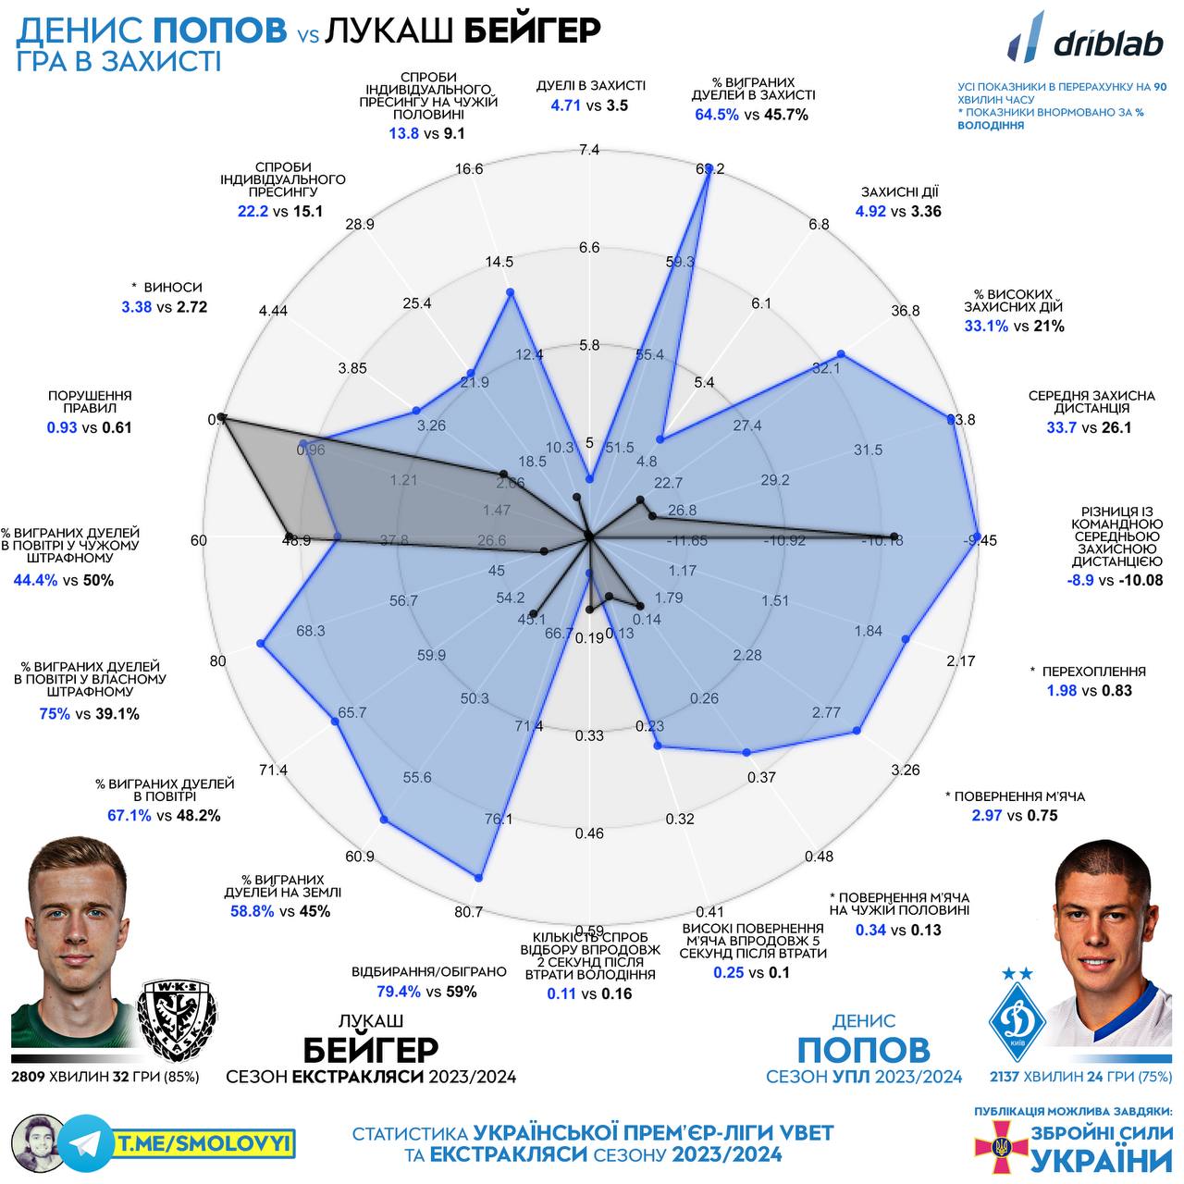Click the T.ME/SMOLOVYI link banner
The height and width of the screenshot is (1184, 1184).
click(x=203, y=1144)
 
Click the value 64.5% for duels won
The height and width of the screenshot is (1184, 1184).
click(x=717, y=115)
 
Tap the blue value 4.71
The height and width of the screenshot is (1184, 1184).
click(x=565, y=105)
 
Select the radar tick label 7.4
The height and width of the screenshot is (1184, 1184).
click(x=589, y=150)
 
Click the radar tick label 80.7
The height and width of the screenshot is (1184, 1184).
click(x=469, y=912)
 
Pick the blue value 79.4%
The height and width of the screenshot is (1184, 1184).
click(x=399, y=992)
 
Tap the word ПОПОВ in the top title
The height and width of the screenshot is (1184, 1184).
click(x=219, y=30)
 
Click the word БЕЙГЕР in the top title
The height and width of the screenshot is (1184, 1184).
click(x=532, y=30)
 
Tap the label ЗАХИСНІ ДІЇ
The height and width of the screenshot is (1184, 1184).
click(x=899, y=192)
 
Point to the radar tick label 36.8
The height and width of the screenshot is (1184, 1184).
click(x=906, y=311)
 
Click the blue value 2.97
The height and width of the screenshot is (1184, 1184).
click(x=986, y=815)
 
